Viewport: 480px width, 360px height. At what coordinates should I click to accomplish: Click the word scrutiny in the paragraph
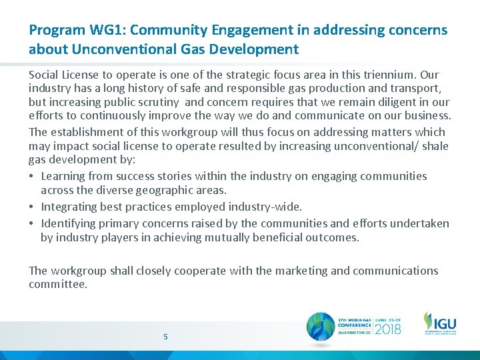click(156, 103)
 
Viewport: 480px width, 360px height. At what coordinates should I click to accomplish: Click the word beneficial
click(285, 237)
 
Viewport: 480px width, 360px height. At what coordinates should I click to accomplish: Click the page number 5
click(165, 337)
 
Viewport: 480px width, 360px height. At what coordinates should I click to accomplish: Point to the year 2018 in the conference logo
click(387, 328)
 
